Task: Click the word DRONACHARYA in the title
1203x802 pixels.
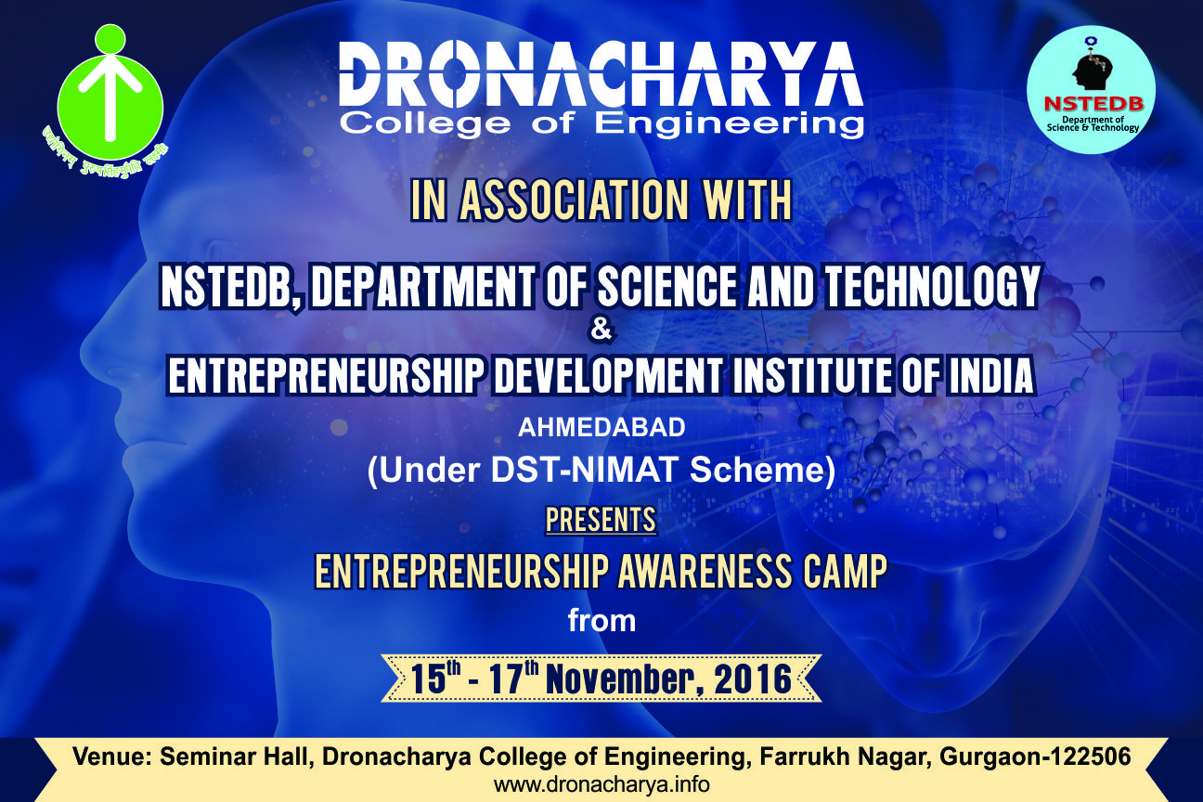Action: click(601, 75)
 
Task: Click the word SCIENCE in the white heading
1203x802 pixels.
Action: click(668, 288)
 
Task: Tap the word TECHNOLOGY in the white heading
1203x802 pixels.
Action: click(930, 288)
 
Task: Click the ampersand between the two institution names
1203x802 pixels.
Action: click(601, 330)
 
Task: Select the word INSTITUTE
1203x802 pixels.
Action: click(812, 376)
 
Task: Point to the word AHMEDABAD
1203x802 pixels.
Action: click(601, 428)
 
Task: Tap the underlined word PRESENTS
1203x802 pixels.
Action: click(601, 520)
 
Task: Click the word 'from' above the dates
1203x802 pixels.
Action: click(601, 621)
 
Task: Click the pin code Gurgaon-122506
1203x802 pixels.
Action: click(1035, 757)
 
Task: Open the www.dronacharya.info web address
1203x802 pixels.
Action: click(601, 784)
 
